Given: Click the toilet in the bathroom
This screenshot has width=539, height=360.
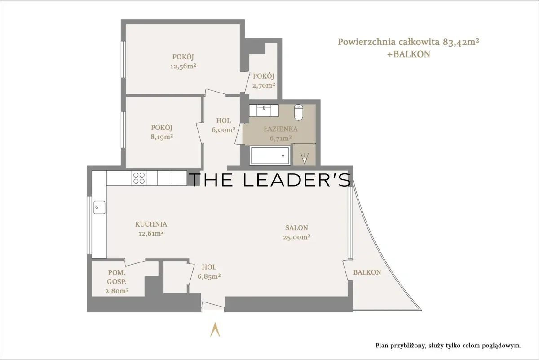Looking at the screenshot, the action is [298, 112].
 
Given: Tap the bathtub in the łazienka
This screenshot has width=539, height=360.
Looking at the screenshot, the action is [270, 156].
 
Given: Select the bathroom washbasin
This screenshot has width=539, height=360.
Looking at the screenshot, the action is [264, 111].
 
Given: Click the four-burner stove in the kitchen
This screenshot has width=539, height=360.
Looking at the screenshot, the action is [139, 178].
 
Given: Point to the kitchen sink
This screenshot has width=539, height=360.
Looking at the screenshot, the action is [99, 208].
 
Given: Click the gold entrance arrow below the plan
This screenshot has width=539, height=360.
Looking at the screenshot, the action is [215, 329].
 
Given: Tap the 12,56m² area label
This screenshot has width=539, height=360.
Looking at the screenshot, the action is [183, 66].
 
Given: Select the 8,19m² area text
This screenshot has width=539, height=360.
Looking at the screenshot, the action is [162, 137].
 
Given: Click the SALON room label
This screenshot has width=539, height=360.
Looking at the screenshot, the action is [296, 227].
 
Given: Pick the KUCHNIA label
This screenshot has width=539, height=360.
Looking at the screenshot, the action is [151, 224].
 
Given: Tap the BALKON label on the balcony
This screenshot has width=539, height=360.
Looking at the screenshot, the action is [367, 272].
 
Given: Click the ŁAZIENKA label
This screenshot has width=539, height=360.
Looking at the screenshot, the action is [281, 129].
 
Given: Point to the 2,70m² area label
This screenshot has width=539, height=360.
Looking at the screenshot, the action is [264, 85].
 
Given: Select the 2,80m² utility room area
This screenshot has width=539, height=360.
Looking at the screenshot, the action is [117, 291].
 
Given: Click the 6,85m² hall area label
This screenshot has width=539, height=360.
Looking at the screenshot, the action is [209, 276].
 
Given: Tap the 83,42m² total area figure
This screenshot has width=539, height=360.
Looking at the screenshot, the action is [461, 42].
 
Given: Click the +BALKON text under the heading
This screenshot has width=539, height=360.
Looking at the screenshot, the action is [409, 54].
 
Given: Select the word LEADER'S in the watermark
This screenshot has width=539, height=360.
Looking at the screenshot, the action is [297, 180].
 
